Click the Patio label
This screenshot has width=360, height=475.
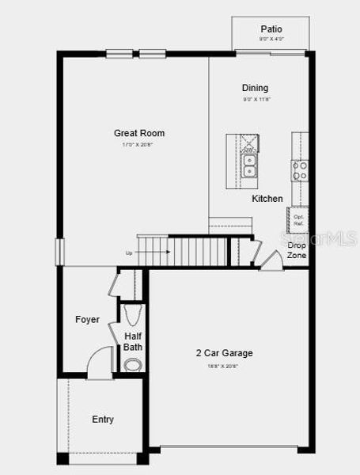tap(271, 28)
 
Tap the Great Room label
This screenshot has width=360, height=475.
tap(139, 133)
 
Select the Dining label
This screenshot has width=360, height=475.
tap(255, 88)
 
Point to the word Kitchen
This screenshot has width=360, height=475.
tap(267, 199)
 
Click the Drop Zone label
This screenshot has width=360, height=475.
tap(297, 251)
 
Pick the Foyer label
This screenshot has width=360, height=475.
tap(87, 320)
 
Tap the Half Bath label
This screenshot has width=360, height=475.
tap(133, 341)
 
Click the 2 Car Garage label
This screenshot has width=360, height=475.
tap(225, 353)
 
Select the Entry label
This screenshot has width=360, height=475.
tap(103, 420)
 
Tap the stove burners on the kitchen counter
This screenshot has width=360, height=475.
tap(300, 169)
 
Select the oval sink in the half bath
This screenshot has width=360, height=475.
tap(134, 364)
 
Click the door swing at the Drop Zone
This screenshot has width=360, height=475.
tap(271, 260)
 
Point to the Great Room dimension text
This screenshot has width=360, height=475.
tap(138, 145)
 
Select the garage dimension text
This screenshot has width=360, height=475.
tap(222, 366)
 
